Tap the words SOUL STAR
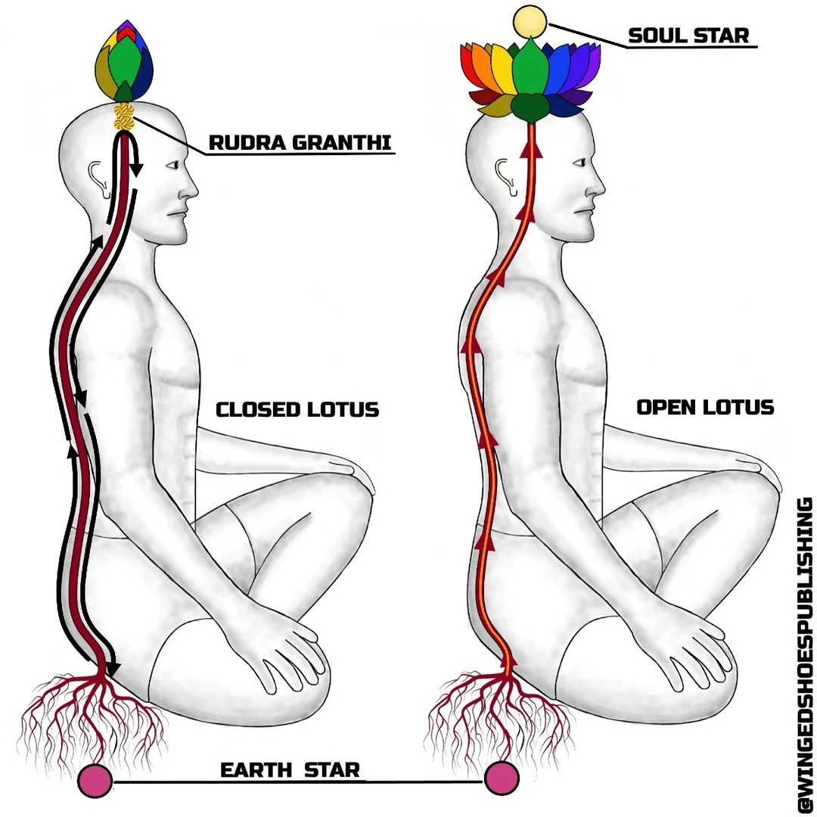pyautogui.click(x=688, y=35)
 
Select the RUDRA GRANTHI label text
pyautogui.click(x=300, y=141)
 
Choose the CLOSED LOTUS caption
pyautogui.click(x=297, y=410)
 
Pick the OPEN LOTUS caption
pyautogui.click(x=705, y=407)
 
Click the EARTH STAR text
pyautogui.click(x=290, y=770)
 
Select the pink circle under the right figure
pyautogui.click(x=502, y=779)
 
